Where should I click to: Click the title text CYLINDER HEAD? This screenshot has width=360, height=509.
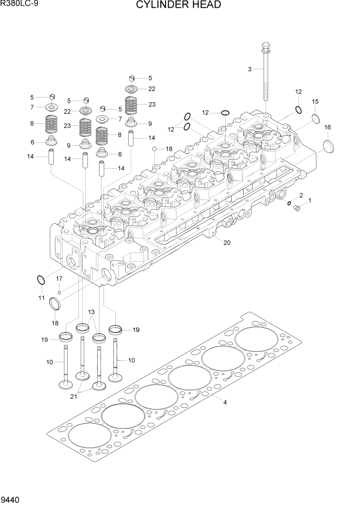178,6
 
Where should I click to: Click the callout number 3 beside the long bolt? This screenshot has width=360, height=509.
250,69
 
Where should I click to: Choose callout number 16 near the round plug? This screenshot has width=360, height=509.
327,127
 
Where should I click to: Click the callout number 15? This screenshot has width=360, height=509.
315,102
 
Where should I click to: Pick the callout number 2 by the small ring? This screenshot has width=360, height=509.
301,195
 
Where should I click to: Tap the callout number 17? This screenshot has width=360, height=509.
59,279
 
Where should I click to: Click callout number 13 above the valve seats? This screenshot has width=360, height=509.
91,312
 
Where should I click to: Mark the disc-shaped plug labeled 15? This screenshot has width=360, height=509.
315,120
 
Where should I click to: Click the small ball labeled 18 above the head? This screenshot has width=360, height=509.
154,149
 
